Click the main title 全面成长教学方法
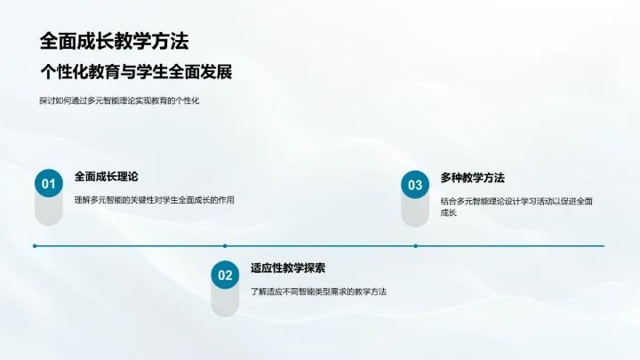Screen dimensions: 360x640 pos(114,42)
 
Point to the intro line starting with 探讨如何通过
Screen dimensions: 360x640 pos(120,101)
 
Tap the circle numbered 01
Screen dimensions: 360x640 pos(48,184)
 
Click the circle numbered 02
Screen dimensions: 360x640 pos(225,276)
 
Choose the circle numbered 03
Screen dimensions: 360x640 pos(414,185)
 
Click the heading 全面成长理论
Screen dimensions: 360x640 pos(107,177)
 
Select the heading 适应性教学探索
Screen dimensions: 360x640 pos(288,268)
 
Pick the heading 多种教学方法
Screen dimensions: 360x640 pos(472,178)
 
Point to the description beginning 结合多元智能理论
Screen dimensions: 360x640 pos(516,201)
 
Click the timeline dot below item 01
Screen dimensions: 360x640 pos(35,246)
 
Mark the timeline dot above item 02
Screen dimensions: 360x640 pos(225,246)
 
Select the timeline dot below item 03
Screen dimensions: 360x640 pos(414,246)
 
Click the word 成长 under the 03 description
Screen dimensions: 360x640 pos(449,214)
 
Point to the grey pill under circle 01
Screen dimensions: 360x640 pos(48,211)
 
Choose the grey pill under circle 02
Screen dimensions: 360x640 pos(225,302)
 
